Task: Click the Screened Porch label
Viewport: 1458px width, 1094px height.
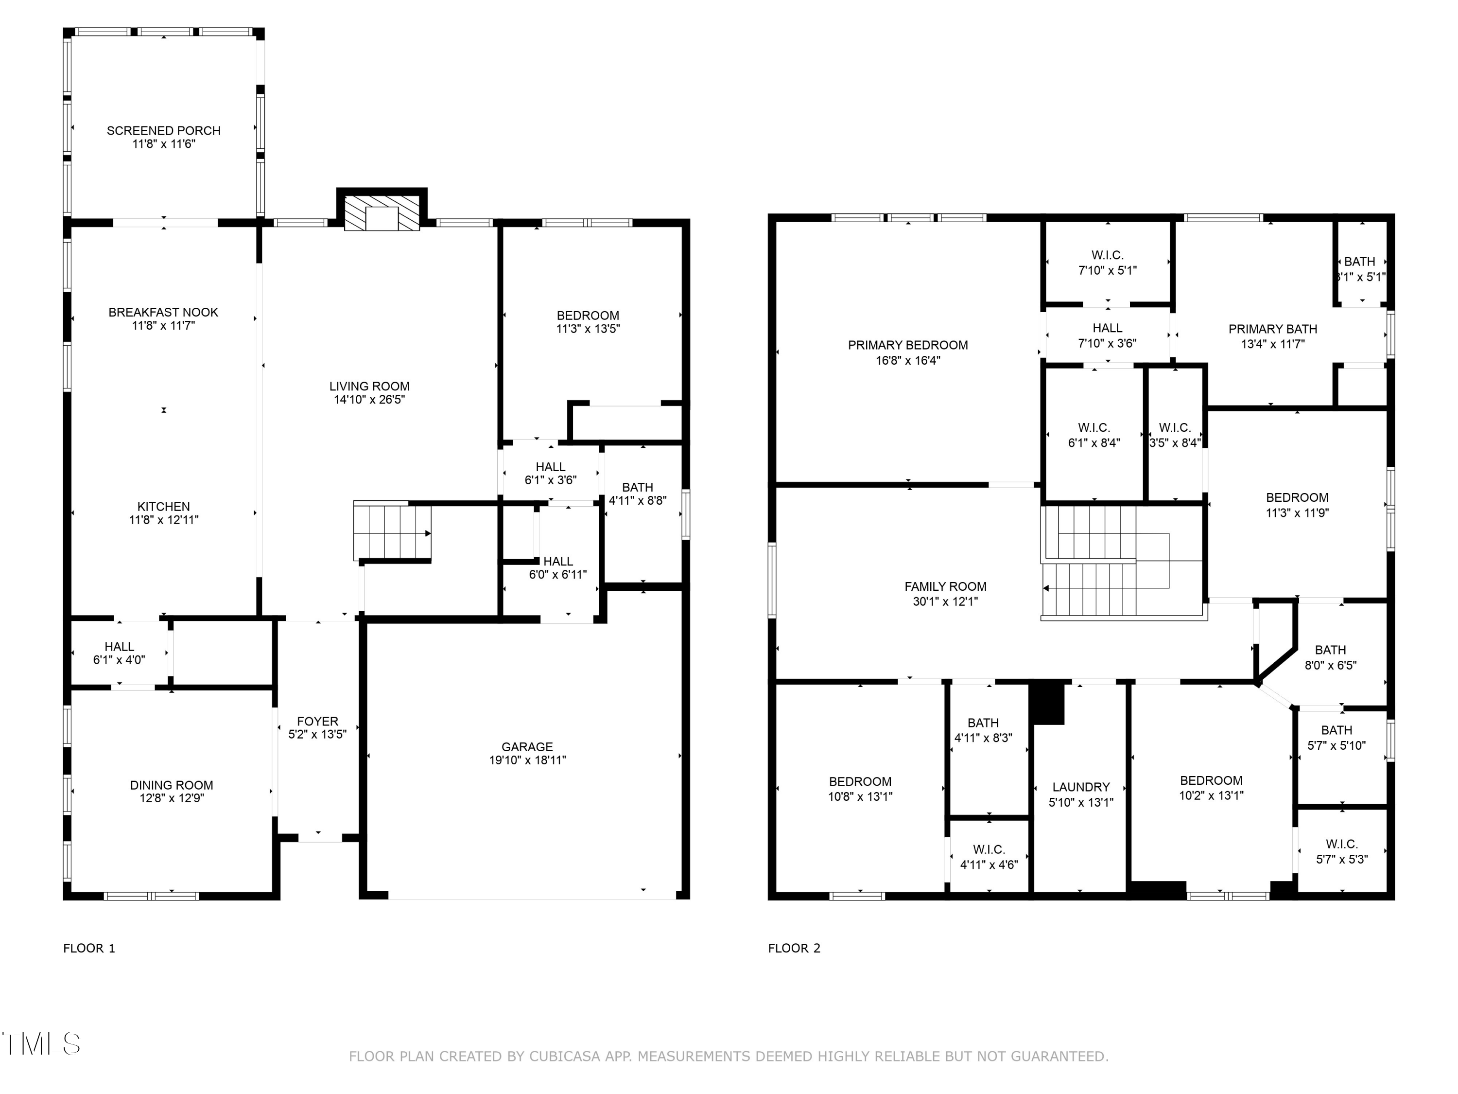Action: coord(163,131)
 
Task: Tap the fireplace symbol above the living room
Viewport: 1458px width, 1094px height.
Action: coord(382,213)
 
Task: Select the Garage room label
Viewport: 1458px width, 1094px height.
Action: coord(527,746)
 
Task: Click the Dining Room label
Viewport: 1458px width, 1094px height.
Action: coord(172,785)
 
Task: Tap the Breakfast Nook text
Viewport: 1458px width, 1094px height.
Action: coord(163,312)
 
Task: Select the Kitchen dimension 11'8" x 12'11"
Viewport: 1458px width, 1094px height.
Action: coord(163,520)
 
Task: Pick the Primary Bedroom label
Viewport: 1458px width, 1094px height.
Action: coord(908,345)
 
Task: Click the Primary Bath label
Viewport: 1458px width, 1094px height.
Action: coord(1272,328)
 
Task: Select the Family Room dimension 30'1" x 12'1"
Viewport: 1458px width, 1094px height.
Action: coord(945,601)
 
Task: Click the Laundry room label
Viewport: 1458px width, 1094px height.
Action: coord(1080,787)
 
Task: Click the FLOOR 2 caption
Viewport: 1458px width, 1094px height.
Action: coord(794,948)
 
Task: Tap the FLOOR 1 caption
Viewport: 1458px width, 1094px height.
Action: coord(89,948)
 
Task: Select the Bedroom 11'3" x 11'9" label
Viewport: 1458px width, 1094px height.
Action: coord(1297,498)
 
